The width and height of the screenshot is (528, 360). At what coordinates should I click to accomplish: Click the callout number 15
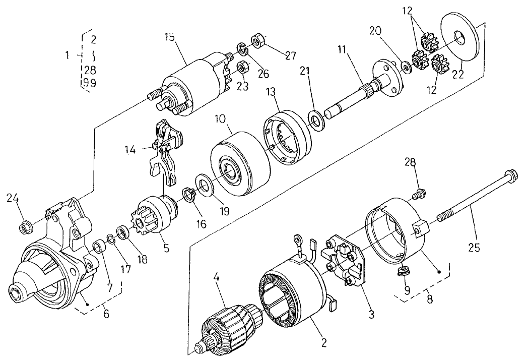point(171,37)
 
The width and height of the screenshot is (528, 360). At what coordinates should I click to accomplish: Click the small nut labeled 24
point(24,227)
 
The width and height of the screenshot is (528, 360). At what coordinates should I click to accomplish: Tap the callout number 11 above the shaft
point(342,50)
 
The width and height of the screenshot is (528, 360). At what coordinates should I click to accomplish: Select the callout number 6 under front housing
point(106,314)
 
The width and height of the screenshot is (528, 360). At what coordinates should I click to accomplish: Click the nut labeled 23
point(242,66)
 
